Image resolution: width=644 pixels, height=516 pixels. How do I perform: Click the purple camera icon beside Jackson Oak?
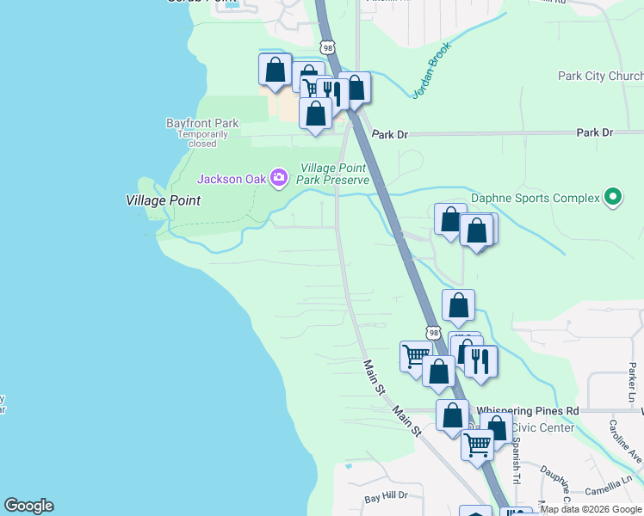pyautogui.click(x=278, y=178)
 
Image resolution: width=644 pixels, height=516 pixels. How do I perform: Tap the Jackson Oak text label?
pyautogui.click(x=232, y=179)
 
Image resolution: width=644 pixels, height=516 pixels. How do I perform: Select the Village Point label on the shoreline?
pyautogui.click(x=163, y=200)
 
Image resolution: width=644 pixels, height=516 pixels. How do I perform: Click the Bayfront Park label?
pyautogui.click(x=202, y=123)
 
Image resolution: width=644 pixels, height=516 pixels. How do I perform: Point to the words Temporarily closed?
pyautogui.click(x=202, y=138)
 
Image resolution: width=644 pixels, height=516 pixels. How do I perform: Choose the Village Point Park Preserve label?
pyautogui.click(x=333, y=174)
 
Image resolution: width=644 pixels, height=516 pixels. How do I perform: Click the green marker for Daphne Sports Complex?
pyautogui.click(x=613, y=198)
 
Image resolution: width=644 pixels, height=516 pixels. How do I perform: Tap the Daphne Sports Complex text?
pyautogui.click(x=535, y=199)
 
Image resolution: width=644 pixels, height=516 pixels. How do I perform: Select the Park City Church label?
pyautogui.click(x=600, y=76)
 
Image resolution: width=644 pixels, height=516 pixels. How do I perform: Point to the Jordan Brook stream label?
pyautogui.click(x=430, y=71)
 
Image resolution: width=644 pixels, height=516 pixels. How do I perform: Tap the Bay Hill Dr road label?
pyautogui.click(x=385, y=498)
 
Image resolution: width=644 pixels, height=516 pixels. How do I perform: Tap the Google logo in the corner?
pyautogui.click(x=28, y=506)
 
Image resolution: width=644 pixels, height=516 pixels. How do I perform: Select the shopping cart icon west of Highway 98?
pyautogui.click(x=416, y=353)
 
